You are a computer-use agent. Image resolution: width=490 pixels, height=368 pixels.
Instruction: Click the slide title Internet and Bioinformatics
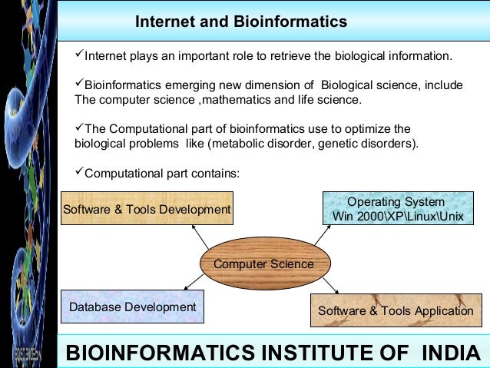point(241,22)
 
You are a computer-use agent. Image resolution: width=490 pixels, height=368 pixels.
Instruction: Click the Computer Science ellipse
point(263,264)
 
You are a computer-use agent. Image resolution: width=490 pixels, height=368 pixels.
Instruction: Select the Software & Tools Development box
point(146,209)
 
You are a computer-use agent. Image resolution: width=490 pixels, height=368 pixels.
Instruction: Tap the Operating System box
point(398,208)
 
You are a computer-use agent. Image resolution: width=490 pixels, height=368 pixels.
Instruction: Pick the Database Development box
point(133,307)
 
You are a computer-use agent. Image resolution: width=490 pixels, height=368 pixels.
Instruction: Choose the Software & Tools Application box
point(395,311)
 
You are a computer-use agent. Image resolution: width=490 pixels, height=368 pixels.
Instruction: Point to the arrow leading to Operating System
point(322,236)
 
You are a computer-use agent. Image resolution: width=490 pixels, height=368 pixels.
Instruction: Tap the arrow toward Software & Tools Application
point(330,286)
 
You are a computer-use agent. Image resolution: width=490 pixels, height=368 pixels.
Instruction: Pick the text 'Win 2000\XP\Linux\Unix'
point(398,217)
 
